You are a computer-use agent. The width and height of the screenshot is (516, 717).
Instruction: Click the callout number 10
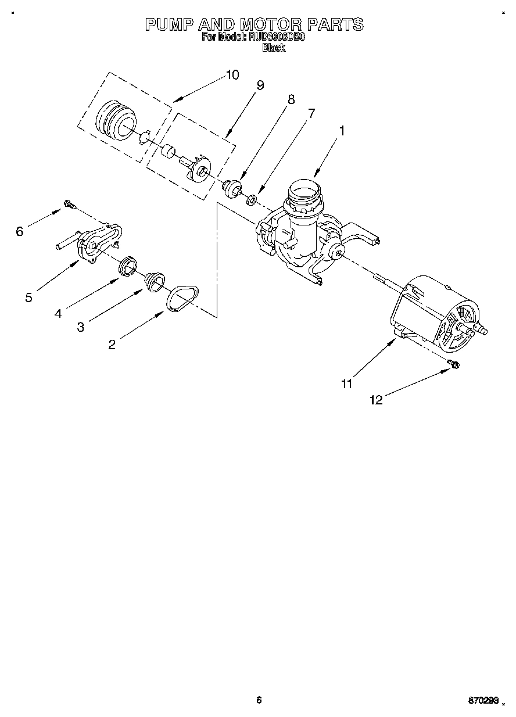click(x=232, y=75)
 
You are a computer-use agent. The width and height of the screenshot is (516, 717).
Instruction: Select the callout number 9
click(x=260, y=85)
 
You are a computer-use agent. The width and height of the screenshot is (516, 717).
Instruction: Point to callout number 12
click(x=376, y=400)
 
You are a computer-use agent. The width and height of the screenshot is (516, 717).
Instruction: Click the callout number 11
click(x=346, y=383)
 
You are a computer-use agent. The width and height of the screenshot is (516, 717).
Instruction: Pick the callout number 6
click(x=19, y=232)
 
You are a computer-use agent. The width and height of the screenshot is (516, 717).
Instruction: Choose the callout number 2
click(x=112, y=345)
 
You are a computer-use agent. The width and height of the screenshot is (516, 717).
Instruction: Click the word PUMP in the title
click(x=169, y=24)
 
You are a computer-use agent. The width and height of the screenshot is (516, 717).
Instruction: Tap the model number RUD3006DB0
click(x=276, y=38)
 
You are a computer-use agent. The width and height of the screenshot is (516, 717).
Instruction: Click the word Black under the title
click(x=274, y=48)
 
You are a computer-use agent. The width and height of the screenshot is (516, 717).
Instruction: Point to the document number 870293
click(x=483, y=701)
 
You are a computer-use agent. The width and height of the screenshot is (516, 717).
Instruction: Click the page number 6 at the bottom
click(x=259, y=700)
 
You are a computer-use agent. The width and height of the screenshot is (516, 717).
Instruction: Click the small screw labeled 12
click(x=454, y=364)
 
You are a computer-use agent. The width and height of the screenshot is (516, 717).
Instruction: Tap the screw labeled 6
click(x=70, y=204)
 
